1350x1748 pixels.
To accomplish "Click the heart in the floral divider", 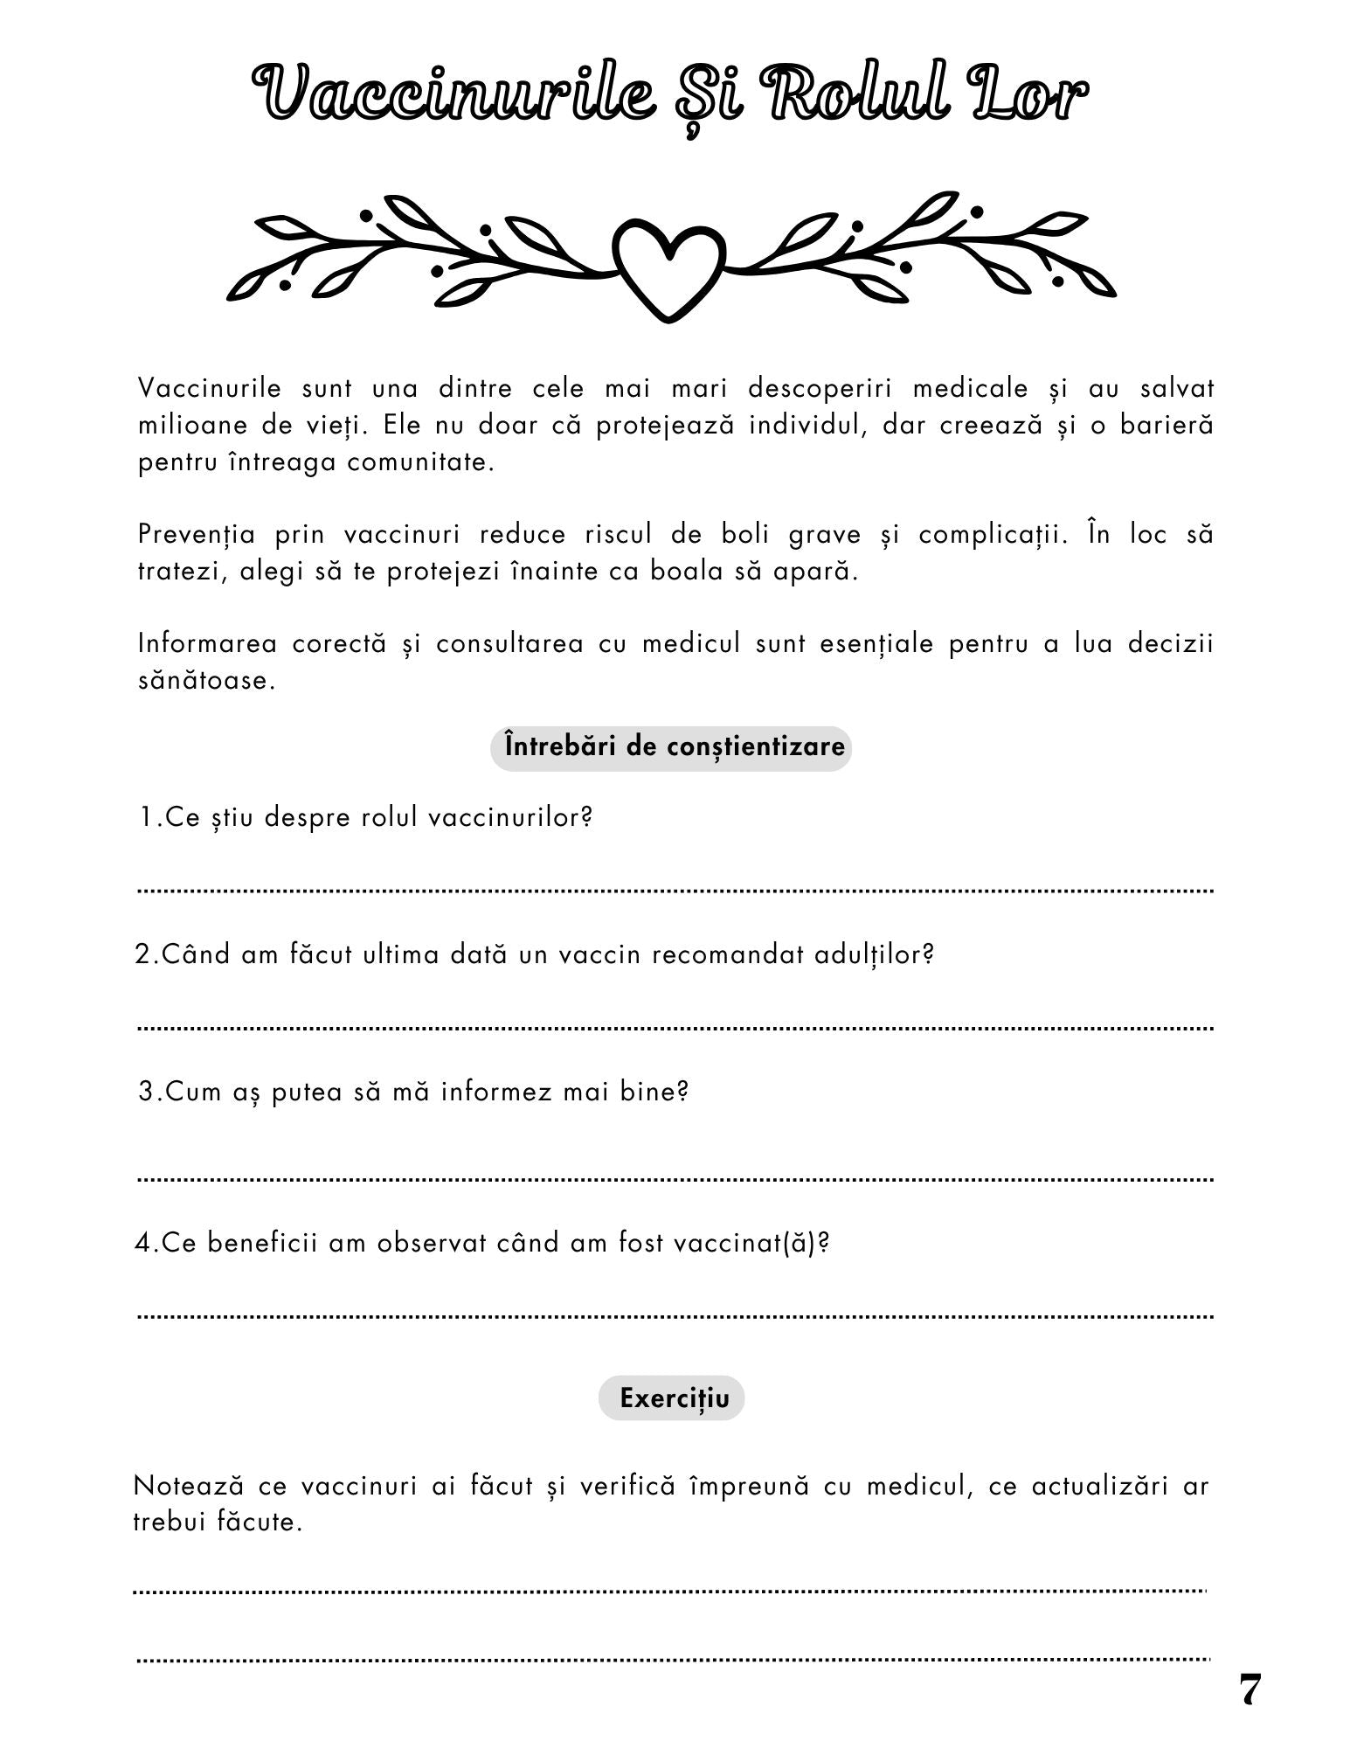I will pos(669,267).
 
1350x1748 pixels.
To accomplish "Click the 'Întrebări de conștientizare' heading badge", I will pos(671,747).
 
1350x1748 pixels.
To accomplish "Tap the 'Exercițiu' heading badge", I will pos(671,1398).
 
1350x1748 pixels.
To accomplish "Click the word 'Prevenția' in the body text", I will pos(197,535).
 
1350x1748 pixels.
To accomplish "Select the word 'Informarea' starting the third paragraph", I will pos(206,644).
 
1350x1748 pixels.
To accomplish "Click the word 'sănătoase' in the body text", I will pos(205,681).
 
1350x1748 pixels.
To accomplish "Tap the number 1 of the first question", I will pos(146,818).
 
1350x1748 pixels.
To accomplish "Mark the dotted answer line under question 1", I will pos(675,891).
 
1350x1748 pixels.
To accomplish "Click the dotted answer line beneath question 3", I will pos(675,1180).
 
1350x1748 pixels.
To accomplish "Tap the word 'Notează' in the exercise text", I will pos(188,1486).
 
